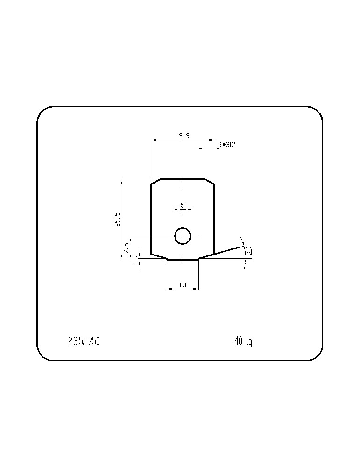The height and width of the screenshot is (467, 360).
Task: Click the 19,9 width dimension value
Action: pos(182,136)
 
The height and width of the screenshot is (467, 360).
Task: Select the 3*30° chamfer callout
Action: pos(227,145)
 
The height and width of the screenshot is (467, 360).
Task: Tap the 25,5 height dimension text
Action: pos(118,220)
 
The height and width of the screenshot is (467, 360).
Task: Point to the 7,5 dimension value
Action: pos(126,248)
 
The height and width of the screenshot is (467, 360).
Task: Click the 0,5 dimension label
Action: pos(135,259)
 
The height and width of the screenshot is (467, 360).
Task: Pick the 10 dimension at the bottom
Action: pos(183,285)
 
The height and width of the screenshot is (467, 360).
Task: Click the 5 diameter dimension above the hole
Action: pos(183,205)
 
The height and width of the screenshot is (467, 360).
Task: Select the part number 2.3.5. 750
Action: pos(84,341)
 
